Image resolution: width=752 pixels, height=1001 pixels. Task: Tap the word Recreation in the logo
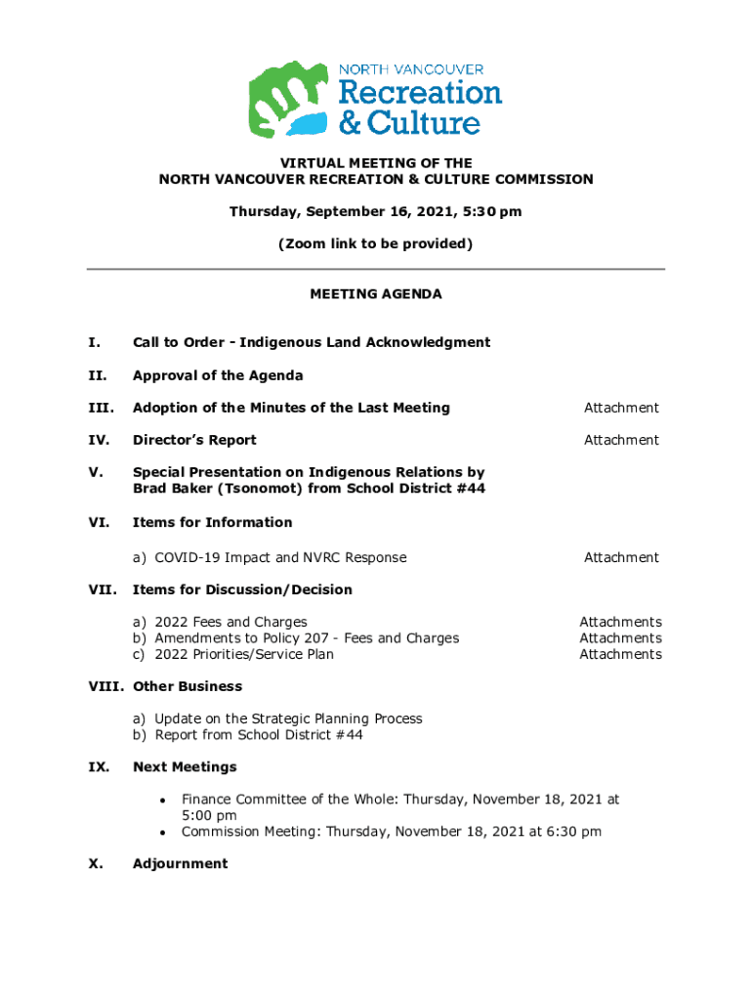pyautogui.click(x=420, y=93)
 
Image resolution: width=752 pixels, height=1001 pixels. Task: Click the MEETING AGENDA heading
pyautogui.click(x=376, y=293)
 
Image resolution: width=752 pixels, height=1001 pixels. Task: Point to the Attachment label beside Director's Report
pyautogui.click(x=621, y=440)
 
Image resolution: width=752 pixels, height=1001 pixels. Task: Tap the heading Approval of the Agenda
pyautogui.click(x=218, y=375)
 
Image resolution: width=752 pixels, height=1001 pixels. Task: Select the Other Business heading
pyautogui.click(x=188, y=686)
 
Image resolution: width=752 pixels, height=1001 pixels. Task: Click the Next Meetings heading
pyautogui.click(x=185, y=766)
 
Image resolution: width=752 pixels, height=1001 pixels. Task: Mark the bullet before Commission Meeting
pyautogui.click(x=162, y=833)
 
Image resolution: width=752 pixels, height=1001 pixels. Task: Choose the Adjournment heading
pyautogui.click(x=180, y=863)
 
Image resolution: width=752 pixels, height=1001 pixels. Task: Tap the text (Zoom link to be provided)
pyautogui.click(x=376, y=243)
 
